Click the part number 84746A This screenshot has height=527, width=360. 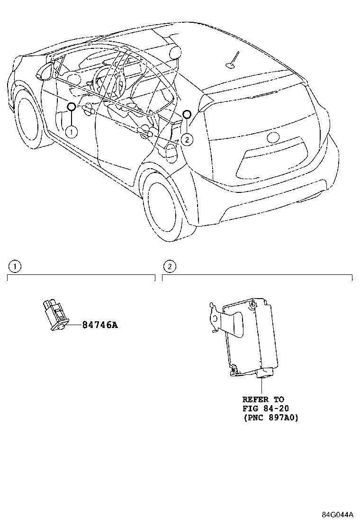[99, 325]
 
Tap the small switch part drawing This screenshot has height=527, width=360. [56, 314]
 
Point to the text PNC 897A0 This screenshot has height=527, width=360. [270, 418]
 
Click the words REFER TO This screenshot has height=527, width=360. [263, 400]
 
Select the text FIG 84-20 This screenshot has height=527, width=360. [266, 409]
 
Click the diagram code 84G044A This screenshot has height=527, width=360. [338, 515]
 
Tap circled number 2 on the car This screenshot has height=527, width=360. [187, 139]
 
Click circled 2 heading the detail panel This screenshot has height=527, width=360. [170, 266]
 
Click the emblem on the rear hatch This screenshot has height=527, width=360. [273, 137]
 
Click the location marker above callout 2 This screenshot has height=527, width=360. [187, 114]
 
